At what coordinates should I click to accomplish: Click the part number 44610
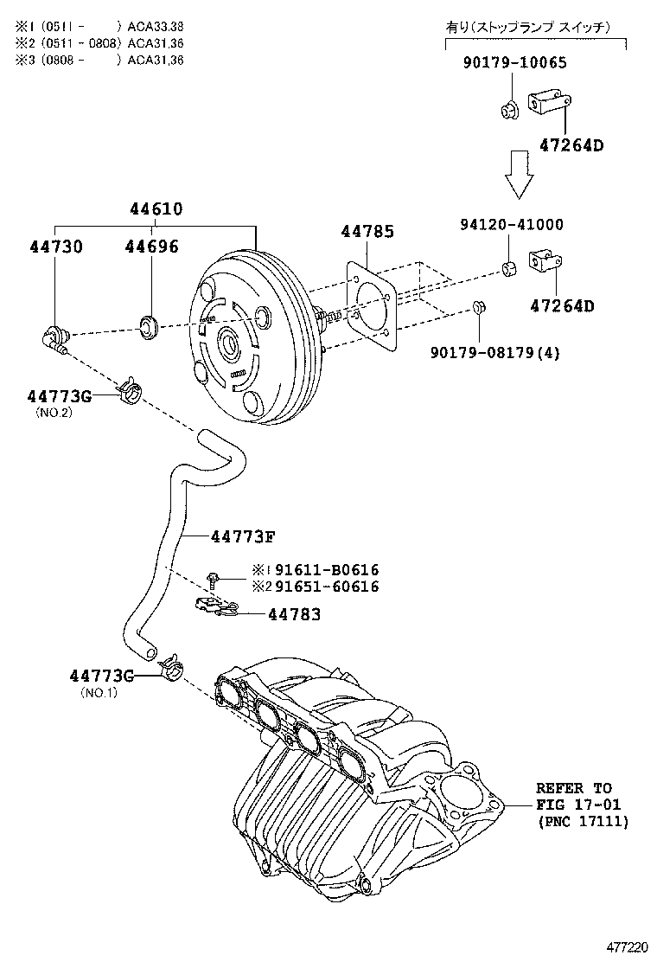coord(156,208)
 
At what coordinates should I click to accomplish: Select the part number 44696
coord(151,247)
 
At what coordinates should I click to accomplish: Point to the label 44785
coord(367,232)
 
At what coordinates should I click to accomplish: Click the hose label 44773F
coord(243,536)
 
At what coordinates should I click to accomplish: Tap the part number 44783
coord(295,614)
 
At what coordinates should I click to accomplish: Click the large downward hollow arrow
coord(520,172)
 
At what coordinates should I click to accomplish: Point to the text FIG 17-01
coord(573,805)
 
